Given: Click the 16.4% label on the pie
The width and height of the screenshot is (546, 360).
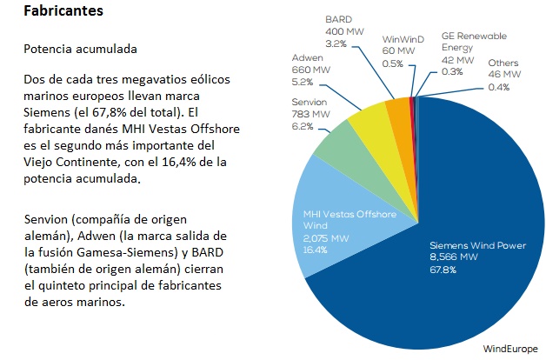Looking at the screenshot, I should [x=316, y=250].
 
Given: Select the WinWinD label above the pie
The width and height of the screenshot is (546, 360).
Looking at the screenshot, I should [x=403, y=39].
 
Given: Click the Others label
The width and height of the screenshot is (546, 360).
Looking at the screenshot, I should [x=503, y=63].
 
